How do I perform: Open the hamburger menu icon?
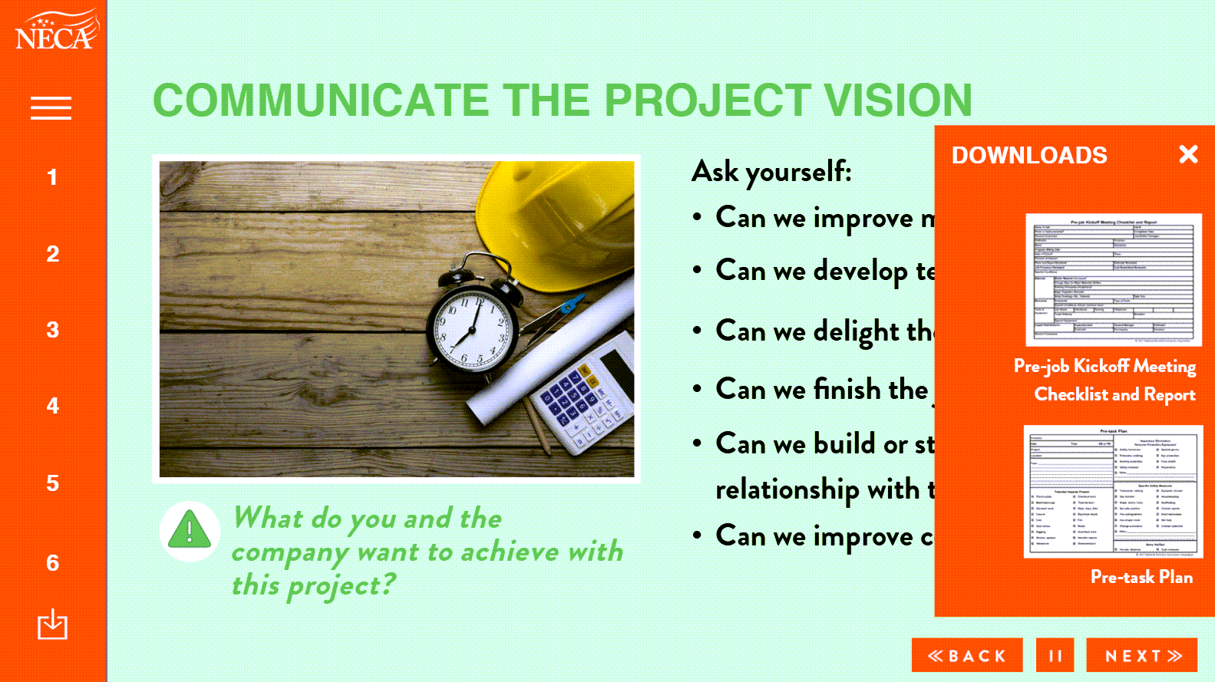click(x=51, y=108)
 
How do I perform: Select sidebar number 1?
click(x=52, y=178)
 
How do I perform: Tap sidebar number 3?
click(x=52, y=330)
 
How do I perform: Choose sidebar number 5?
click(x=52, y=483)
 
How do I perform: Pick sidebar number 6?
click(x=52, y=563)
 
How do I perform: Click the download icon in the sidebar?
click(x=52, y=624)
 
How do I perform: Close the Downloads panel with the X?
click(x=1188, y=155)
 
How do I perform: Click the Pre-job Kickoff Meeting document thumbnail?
click(x=1114, y=280)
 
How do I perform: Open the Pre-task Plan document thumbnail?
click(x=1113, y=492)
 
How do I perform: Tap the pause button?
click(x=1055, y=656)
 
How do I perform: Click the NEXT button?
click(x=1142, y=656)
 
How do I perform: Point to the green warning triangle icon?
click(x=190, y=530)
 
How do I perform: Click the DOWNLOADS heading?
click(x=1029, y=156)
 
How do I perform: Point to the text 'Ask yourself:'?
click(x=771, y=172)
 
